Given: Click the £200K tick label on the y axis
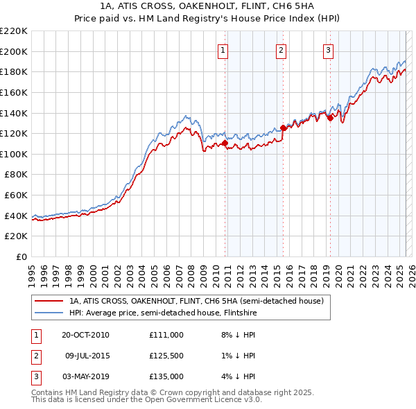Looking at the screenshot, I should pyautogui.click(x=14, y=51).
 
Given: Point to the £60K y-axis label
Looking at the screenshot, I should pyautogui.click(x=16, y=195).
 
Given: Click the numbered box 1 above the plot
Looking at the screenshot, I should pyautogui.click(x=223, y=50).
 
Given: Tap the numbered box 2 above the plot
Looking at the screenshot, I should pyautogui.click(x=281, y=50).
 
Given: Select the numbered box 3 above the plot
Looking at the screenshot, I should pyautogui.click(x=328, y=50).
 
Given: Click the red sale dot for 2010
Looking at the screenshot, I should pyautogui.click(x=225, y=143).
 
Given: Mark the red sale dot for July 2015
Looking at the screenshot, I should pyautogui.click(x=283, y=128).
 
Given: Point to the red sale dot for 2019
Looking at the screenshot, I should pyautogui.click(x=330, y=118).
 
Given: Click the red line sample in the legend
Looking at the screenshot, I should pyautogui.click(x=49, y=301).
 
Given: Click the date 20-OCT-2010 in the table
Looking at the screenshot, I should pyautogui.click(x=85, y=335).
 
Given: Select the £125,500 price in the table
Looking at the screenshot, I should pyautogui.click(x=166, y=356).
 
